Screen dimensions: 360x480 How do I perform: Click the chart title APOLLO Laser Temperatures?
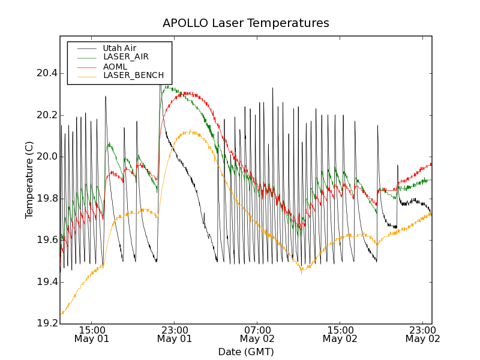[x=245, y=23]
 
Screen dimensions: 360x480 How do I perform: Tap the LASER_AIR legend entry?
[x=125, y=57]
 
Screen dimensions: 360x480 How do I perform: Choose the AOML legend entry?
[x=115, y=66]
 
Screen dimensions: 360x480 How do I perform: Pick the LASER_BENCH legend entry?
[x=133, y=76]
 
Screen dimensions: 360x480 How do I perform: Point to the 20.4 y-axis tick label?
[x=46, y=73]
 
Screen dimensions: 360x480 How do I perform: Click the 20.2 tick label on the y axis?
[x=46, y=115]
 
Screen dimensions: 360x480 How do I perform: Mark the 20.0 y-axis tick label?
[x=46, y=157]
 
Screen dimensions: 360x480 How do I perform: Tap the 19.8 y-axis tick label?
[x=46, y=199]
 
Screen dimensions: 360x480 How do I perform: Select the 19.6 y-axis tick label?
[x=46, y=240]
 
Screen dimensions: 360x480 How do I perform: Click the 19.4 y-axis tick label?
[x=46, y=282]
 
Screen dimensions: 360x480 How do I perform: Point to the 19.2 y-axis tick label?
[x=46, y=323]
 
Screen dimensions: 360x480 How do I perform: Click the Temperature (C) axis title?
[x=29, y=180]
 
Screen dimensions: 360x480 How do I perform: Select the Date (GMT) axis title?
[x=245, y=352]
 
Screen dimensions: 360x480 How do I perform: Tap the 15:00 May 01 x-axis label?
[x=91, y=334]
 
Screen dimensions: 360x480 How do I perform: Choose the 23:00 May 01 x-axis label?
[x=174, y=334]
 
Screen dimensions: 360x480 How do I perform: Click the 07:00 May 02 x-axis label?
[x=257, y=334]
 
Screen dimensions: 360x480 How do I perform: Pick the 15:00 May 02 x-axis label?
[x=340, y=334]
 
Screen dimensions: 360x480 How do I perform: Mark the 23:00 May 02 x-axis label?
[x=422, y=334]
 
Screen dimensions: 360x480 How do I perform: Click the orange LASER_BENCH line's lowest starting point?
[x=61, y=313]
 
